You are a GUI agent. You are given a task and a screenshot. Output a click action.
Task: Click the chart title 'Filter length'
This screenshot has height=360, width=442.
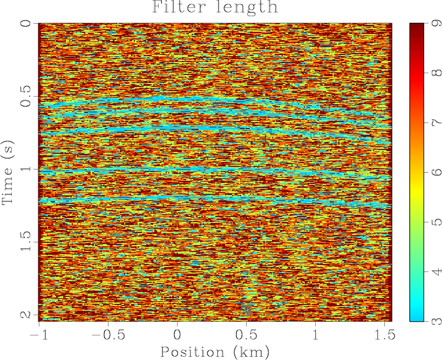[x=215, y=8]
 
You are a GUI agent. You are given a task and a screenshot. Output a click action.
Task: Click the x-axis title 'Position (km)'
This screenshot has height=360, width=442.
[x=215, y=351]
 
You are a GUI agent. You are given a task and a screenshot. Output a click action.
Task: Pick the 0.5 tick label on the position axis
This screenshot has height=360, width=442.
[x=246, y=335]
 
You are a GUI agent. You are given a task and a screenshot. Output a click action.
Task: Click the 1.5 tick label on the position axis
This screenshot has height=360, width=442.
[x=384, y=335]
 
